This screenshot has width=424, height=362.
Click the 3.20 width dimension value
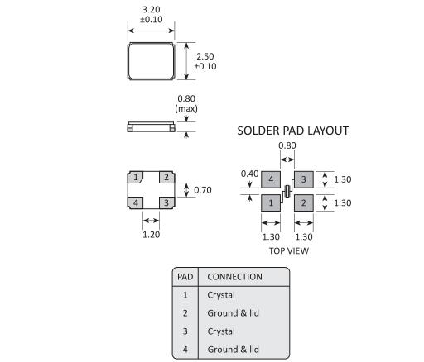pyautogui.click(x=151, y=10)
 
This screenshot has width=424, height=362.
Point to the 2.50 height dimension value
pyautogui.click(x=205, y=56)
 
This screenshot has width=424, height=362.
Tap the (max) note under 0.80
pyautogui.click(x=186, y=108)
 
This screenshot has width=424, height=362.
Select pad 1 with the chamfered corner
pyautogui.click(x=135, y=177)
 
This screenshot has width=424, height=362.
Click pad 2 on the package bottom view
pyautogui.click(x=166, y=177)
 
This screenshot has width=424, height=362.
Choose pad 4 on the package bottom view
pyautogui.click(x=135, y=202)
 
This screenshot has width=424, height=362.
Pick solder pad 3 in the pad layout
pyautogui.click(x=304, y=179)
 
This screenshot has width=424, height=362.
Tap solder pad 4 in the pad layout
pyautogui.click(x=271, y=179)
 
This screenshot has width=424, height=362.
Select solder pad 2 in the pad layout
pyautogui.click(x=304, y=203)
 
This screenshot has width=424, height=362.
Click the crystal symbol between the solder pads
pyautogui.click(x=287, y=191)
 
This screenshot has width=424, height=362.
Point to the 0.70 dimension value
pyautogui.click(x=203, y=190)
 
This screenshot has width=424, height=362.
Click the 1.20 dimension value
pyautogui.click(x=151, y=235)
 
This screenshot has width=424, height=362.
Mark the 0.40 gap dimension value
pyautogui.click(x=250, y=174)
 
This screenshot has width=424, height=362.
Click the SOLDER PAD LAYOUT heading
pyautogui.click(x=293, y=131)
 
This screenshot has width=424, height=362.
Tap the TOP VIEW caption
pyautogui.click(x=289, y=250)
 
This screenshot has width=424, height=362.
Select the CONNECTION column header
pyautogui.click(x=234, y=277)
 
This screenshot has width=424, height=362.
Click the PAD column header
pyautogui.click(x=185, y=277)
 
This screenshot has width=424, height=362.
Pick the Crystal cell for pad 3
pyautogui.click(x=221, y=331)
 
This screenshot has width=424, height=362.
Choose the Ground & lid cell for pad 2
pyautogui.click(x=233, y=313)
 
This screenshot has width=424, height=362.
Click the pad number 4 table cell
pyautogui.click(x=185, y=350)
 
